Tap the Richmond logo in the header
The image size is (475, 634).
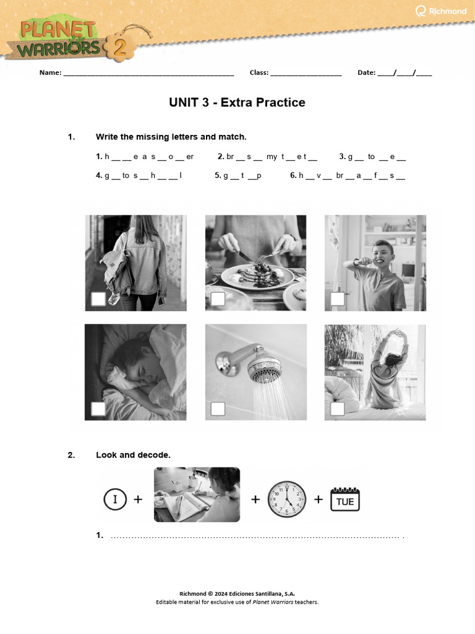pyautogui.click(x=441, y=11)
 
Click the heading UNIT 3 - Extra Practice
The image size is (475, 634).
pyautogui.click(x=237, y=103)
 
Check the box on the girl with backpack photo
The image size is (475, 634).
pyautogui.click(x=98, y=299)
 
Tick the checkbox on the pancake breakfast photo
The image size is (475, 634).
pyautogui.click(x=218, y=299)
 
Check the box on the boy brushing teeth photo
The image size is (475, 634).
pyautogui.click(x=337, y=299)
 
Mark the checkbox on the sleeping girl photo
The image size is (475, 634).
pyautogui.click(x=98, y=409)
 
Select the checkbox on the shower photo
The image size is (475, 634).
pyautogui.click(x=218, y=409)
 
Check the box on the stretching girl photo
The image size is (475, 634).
pyautogui.click(x=337, y=409)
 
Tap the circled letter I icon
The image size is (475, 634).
pyautogui.click(x=115, y=499)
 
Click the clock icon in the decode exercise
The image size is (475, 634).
pyautogui.click(x=286, y=499)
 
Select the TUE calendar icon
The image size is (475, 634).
pyautogui.click(x=344, y=499)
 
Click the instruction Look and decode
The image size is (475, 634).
pyautogui.click(x=133, y=455)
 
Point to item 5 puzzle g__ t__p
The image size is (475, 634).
pyautogui.click(x=238, y=175)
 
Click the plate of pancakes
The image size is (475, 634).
pyautogui.click(x=257, y=272)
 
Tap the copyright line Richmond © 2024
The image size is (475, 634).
pyautogui.click(x=237, y=593)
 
